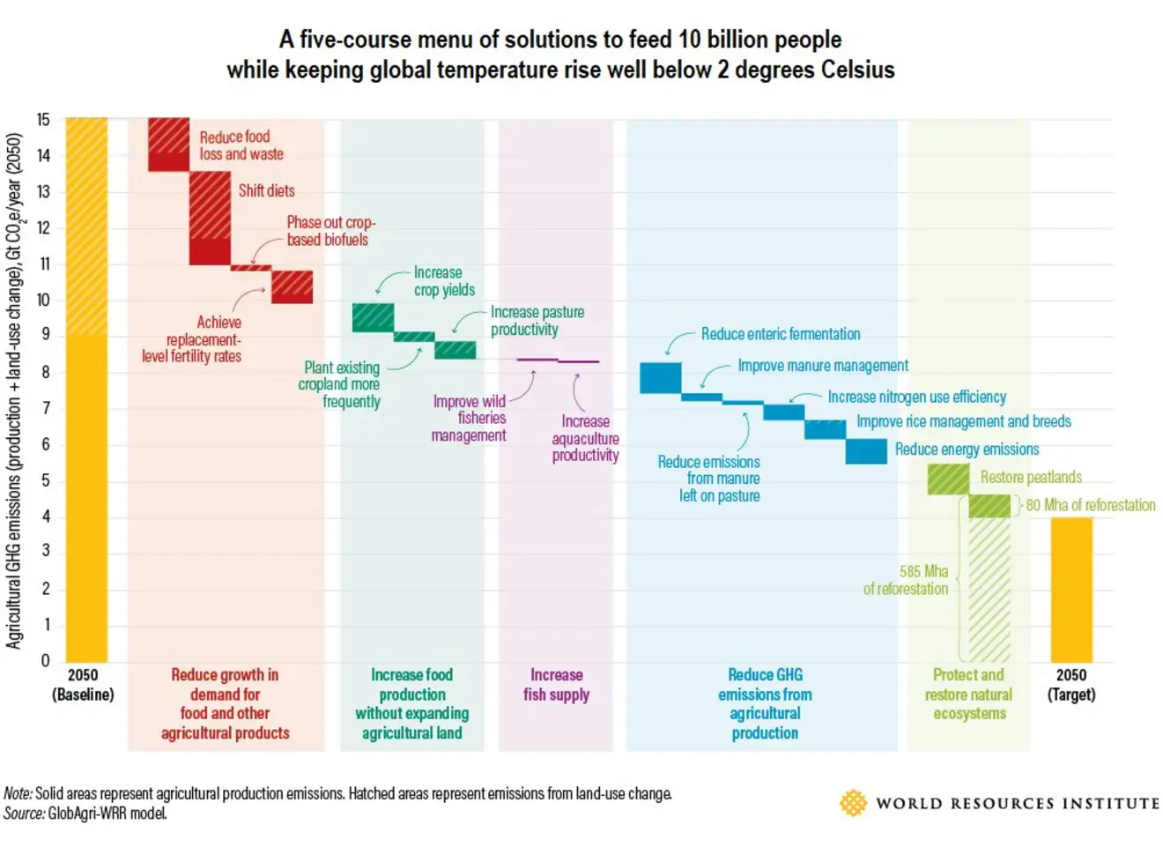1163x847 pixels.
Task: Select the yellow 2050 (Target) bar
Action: (1071, 590)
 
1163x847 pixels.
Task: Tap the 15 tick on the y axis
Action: (43, 120)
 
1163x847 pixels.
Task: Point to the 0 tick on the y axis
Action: (45, 661)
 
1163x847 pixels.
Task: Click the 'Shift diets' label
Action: (266, 190)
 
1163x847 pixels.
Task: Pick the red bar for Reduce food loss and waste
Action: (168, 144)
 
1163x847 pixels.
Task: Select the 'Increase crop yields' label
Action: (444, 281)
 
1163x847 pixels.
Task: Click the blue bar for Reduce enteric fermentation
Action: (660, 378)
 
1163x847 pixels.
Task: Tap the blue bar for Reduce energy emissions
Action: (866, 450)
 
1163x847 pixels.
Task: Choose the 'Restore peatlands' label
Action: (1031, 478)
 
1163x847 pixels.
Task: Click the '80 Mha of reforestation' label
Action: (1090, 505)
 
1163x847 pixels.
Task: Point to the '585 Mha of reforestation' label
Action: (907, 580)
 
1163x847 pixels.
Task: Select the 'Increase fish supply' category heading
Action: (556, 685)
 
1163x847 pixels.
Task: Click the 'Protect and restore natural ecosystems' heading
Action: (968, 695)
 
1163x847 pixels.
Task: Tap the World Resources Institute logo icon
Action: (853, 803)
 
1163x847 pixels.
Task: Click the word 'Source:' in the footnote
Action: (24, 814)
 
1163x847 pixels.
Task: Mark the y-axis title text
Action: (14, 390)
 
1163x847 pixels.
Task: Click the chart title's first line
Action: (560, 40)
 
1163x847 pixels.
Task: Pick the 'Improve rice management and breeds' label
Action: (964, 422)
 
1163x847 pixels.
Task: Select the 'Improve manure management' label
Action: (822, 366)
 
